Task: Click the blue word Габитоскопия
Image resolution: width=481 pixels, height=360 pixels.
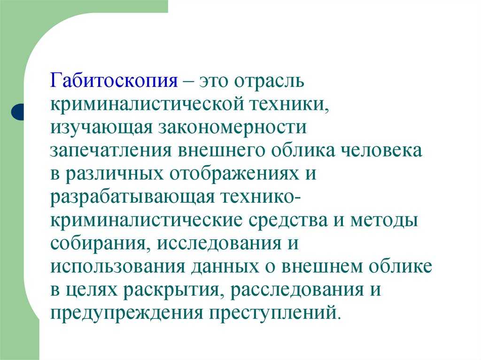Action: (114, 81)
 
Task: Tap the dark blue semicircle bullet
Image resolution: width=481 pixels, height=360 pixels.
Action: (17, 112)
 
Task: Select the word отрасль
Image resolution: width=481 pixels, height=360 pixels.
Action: (269, 81)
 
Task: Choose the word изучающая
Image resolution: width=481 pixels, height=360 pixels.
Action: (101, 128)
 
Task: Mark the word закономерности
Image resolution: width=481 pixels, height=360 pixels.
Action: (233, 128)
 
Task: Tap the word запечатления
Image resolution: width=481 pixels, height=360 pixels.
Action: (111, 151)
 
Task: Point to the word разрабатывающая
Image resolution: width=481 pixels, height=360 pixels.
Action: (132, 198)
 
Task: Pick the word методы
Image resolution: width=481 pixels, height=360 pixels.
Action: (384, 221)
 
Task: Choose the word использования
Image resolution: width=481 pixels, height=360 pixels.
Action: (118, 267)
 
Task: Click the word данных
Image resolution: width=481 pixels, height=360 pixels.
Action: (225, 268)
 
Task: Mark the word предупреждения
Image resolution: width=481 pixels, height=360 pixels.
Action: (127, 314)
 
